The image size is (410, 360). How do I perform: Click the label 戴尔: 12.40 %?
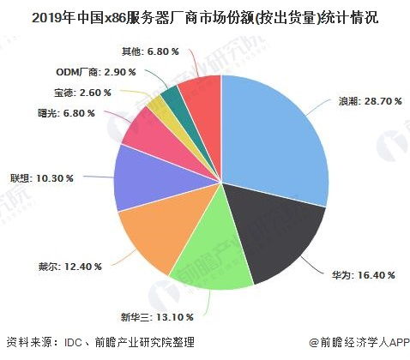click(69, 267)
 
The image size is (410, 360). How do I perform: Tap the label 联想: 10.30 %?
click(42, 177)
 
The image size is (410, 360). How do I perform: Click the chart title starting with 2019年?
click(204, 17)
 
